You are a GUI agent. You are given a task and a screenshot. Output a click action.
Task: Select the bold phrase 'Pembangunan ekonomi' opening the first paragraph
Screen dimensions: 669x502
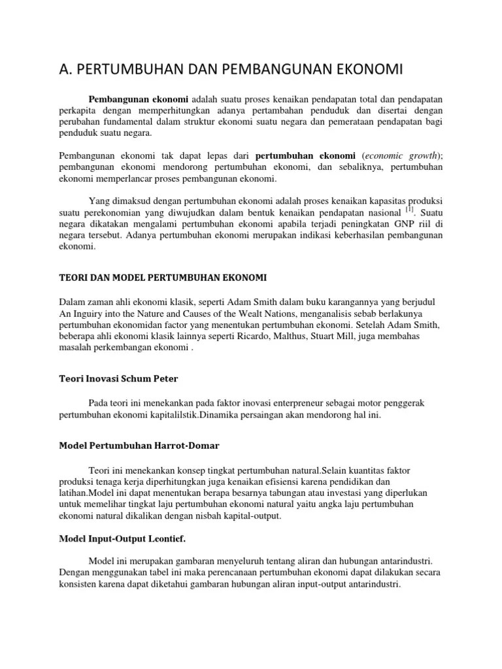click(x=139, y=99)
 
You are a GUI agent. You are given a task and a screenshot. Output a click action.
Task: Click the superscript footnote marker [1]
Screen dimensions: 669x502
click(x=410, y=210)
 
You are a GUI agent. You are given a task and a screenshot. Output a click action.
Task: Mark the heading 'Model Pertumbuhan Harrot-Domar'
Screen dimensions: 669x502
click(x=139, y=446)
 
